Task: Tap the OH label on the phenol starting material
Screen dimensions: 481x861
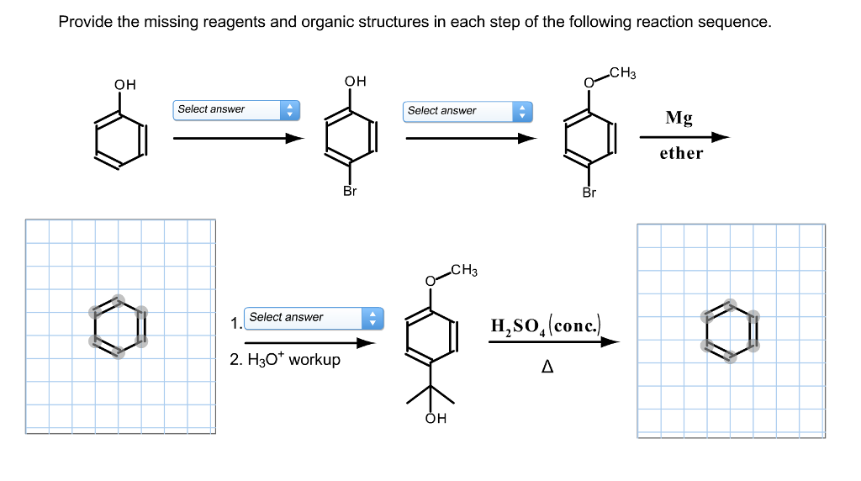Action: click(x=124, y=84)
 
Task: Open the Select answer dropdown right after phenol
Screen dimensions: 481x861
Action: click(x=236, y=109)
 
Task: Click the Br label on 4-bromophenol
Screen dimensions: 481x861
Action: click(x=350, y=192)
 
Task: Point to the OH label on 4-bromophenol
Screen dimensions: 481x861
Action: click(x=355, y=81)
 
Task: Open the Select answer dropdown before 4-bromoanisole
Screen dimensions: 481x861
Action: click(x=467, y=111)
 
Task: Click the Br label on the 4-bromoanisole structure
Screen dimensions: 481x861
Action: click(x=589, y=193)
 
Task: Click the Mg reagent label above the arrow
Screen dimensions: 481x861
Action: click(x=679, y=119)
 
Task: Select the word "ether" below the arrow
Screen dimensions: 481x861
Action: click(x=681, y=153)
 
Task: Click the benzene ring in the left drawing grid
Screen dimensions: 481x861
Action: click(x=118, y=326)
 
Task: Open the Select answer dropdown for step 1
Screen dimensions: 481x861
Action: click(x=314, y=318)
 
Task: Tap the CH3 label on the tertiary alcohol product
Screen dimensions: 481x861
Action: click(x=463, y=271)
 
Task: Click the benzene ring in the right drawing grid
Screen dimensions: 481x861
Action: click(x=730, y=331)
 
